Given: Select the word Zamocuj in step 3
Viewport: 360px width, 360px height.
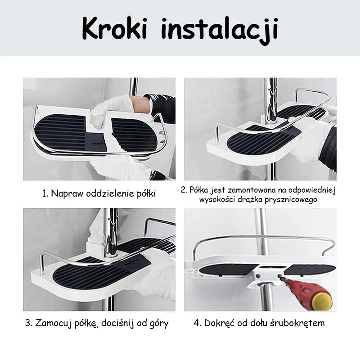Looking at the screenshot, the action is coord(53,323).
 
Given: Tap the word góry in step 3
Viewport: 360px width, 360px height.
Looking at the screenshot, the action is coord(158,324).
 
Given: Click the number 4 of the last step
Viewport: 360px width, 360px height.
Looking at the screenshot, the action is coord(198,323).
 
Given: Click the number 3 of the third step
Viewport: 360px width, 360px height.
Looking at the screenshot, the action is coord(29,323).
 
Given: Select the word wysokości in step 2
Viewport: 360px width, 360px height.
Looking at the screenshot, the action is coord(217,199).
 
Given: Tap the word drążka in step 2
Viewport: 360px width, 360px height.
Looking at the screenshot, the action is coord(250,199).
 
